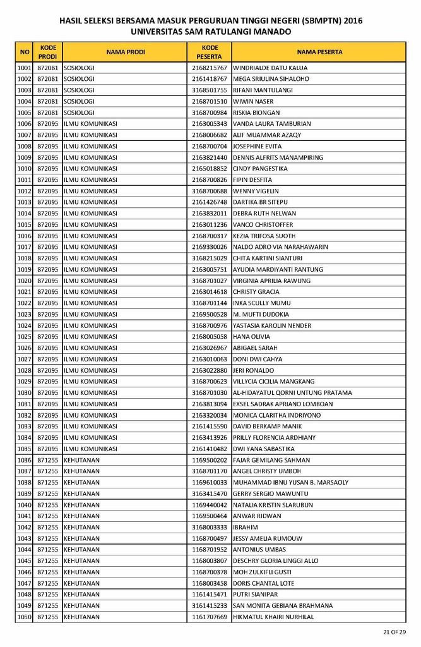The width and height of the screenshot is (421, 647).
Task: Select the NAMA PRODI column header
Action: pos(126,52)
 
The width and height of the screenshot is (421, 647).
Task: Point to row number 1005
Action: pos(25,112)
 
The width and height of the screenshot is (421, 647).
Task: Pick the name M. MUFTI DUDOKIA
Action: pos(261,314)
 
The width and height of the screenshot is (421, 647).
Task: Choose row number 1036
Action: pos(25,460)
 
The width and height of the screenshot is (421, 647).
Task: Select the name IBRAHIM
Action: pos(246,527)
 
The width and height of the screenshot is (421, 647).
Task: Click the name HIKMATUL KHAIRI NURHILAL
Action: pos(273,617)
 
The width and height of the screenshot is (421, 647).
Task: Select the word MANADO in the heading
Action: pos(272,31)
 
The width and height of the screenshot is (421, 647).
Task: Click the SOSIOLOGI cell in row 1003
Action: pos(79,90)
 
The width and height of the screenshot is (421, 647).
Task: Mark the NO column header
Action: pos(25,52)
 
